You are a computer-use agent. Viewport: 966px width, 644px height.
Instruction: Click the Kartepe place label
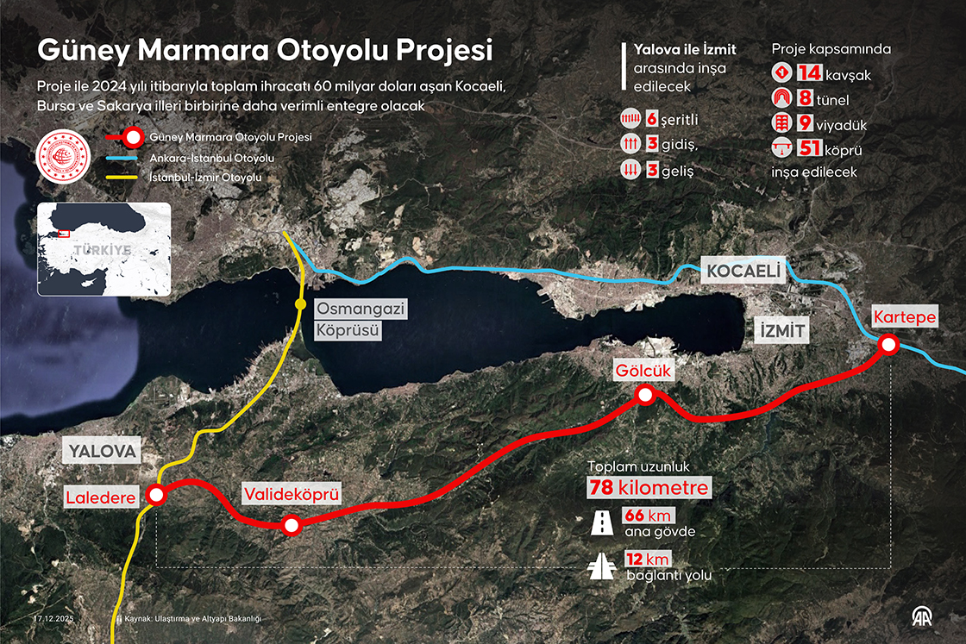pos(904,317)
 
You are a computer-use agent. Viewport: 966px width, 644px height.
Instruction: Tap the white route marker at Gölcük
pos(644,395)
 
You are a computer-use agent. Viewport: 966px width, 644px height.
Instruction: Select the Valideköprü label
pos(291,494)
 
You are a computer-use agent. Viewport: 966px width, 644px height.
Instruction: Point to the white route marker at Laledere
pos(156,494)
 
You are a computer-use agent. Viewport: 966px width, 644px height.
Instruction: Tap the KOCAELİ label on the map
pos(743,272)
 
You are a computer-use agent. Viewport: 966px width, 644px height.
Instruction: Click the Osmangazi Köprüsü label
pos(348,320)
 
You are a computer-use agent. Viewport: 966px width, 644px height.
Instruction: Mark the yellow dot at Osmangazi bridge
pos(299,304)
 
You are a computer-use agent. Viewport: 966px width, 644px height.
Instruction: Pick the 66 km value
pos(635,516)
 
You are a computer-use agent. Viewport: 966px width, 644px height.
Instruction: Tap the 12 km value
pos(635,559)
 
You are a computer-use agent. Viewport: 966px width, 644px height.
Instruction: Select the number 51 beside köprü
pos(809,148)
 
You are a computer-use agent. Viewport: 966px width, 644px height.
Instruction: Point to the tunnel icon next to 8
pos(782,98)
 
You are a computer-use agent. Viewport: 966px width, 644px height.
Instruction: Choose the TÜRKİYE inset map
pos(103,249)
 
